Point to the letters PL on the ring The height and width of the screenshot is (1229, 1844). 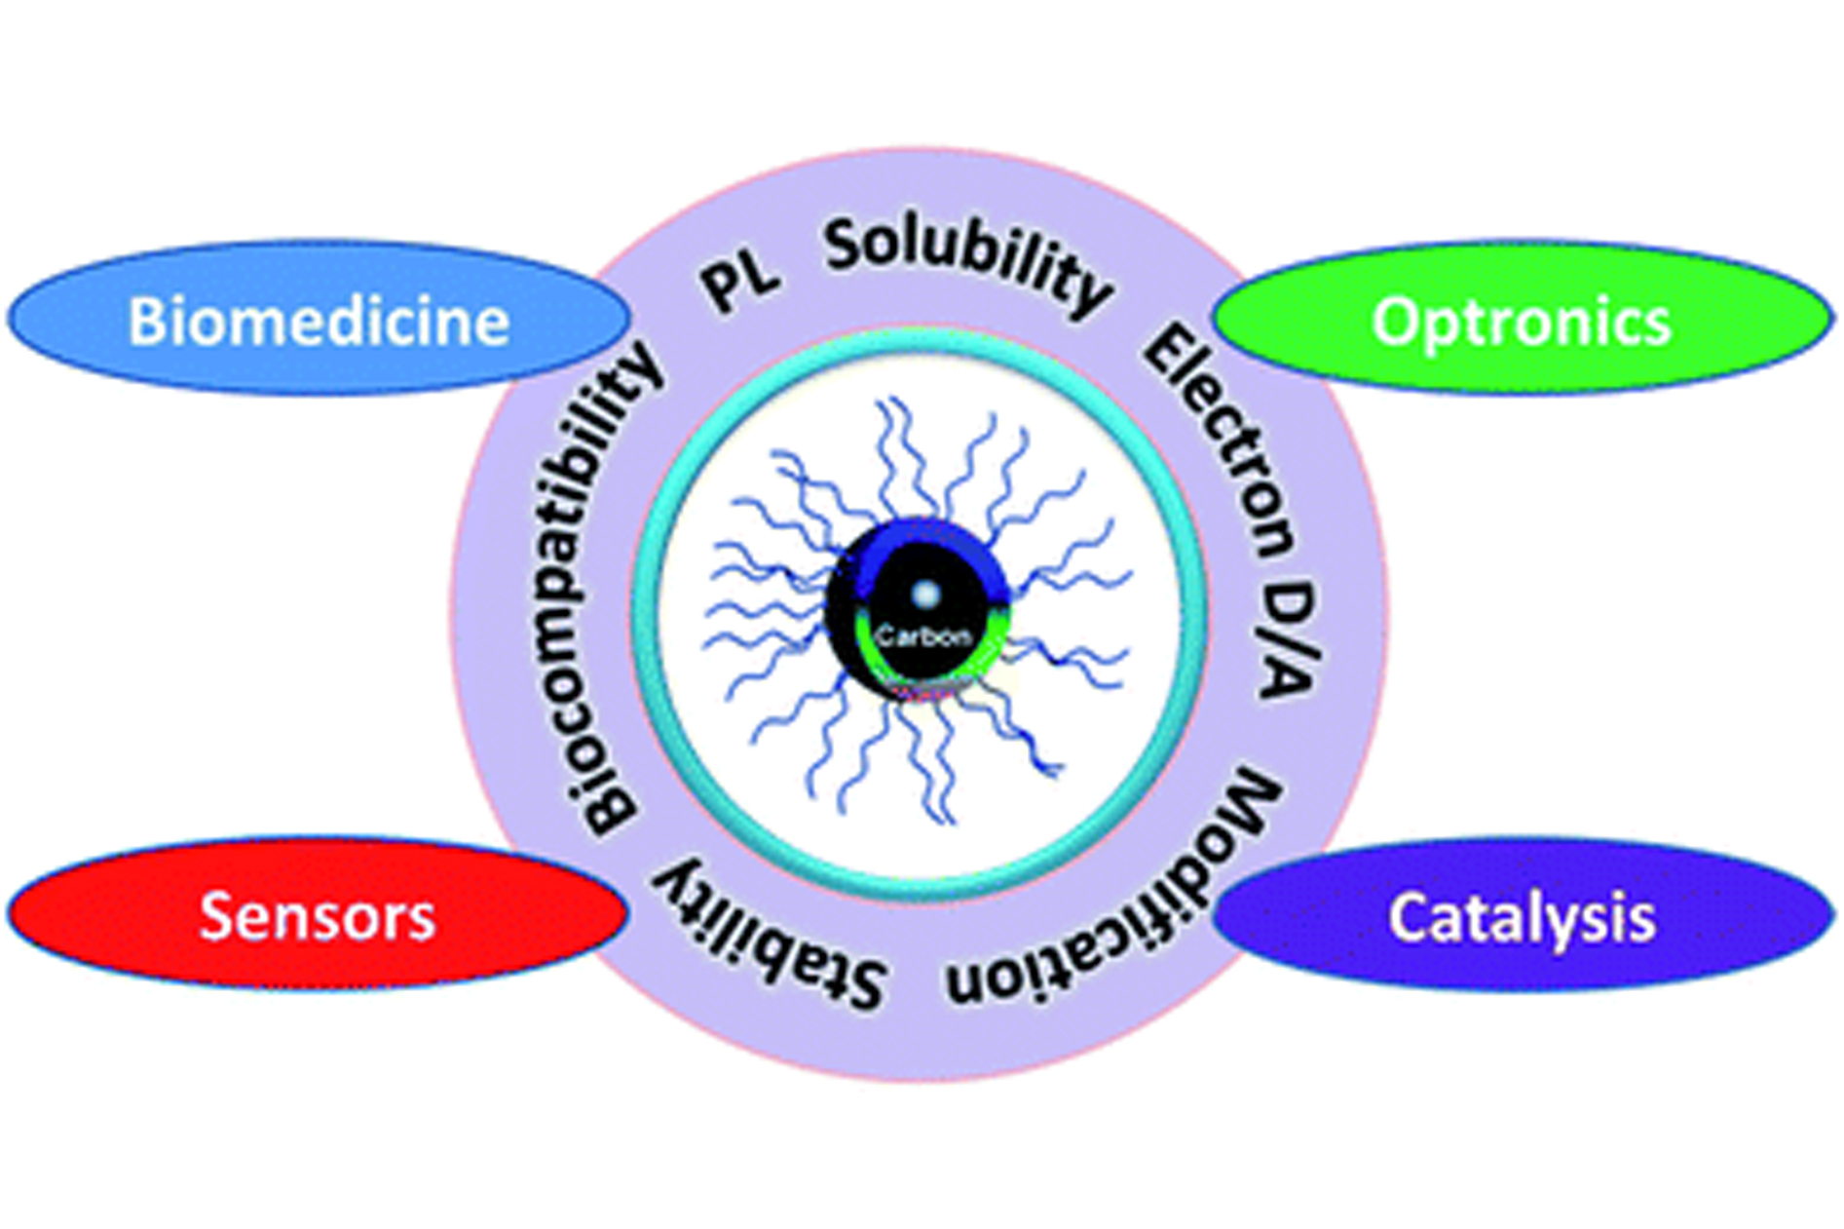point(741,283)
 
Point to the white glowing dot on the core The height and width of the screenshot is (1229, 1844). point(925,593)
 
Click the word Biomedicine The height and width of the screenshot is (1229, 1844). point(319,322)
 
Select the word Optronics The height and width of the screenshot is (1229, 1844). point(1521,322)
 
